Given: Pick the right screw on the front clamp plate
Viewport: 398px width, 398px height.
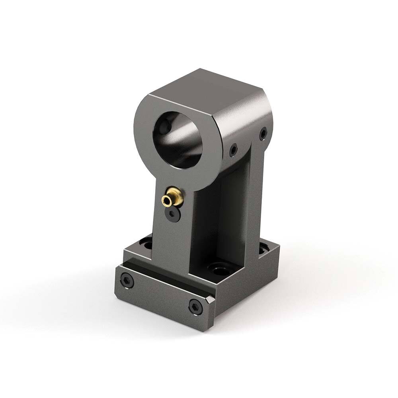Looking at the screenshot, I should [195, 307].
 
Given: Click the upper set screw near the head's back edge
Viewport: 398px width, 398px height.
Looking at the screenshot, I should [263, 133].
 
